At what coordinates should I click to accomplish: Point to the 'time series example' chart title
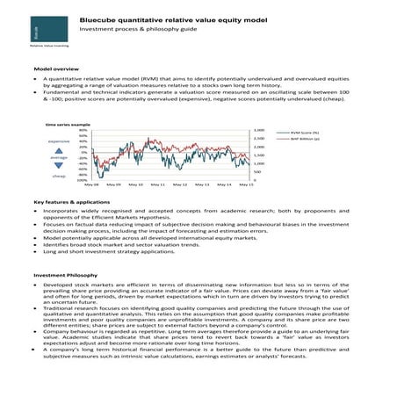click(x=68, y=125)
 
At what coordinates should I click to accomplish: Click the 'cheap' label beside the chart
click(x=59, y=176)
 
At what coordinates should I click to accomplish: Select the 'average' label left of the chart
click(x=59, y=157)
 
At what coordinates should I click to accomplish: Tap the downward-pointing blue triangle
click(x=59, y=166)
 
